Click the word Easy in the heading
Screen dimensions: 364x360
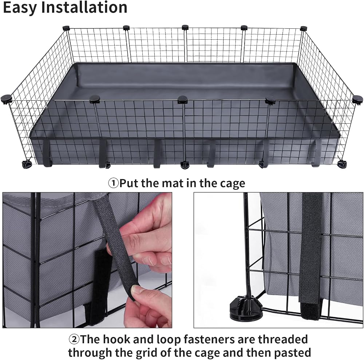point(20,8)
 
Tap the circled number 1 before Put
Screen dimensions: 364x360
point(114,183)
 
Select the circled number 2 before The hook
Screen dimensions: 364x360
point(74,340)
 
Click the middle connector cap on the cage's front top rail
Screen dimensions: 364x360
point(183,100)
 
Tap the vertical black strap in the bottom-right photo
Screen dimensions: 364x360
point(311,255)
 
